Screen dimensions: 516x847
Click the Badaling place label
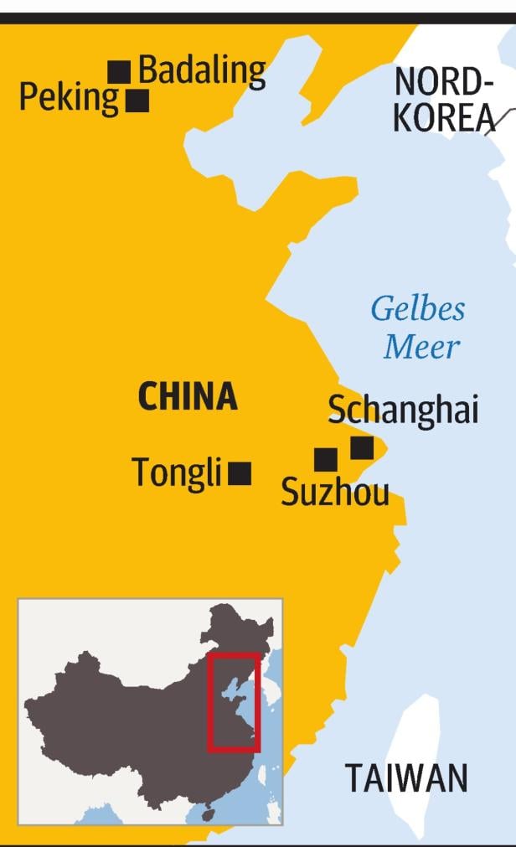coord(202,72)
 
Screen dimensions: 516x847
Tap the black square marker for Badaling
coord(119,72)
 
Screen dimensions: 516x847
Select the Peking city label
coord(69,98)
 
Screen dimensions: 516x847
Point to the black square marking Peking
coord(137,101)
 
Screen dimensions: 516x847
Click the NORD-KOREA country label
coord(442,101)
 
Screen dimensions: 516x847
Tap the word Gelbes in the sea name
coord(418,308)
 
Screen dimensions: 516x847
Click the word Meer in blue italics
coord(422,347)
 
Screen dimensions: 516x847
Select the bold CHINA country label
coord(188,397)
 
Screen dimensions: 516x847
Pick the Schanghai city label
coord(403,411)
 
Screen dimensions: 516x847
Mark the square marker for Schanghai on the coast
coord(362,447)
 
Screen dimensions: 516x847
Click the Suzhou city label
coord(335,492)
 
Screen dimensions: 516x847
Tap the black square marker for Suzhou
coord(325,459)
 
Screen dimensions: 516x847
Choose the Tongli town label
coord(176,473)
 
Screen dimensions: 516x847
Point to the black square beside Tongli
coord(240,473)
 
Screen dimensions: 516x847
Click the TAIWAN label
coord(406,778)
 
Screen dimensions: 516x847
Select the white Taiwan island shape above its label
coord(415,729)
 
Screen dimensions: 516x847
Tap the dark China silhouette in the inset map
coord(126,720)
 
